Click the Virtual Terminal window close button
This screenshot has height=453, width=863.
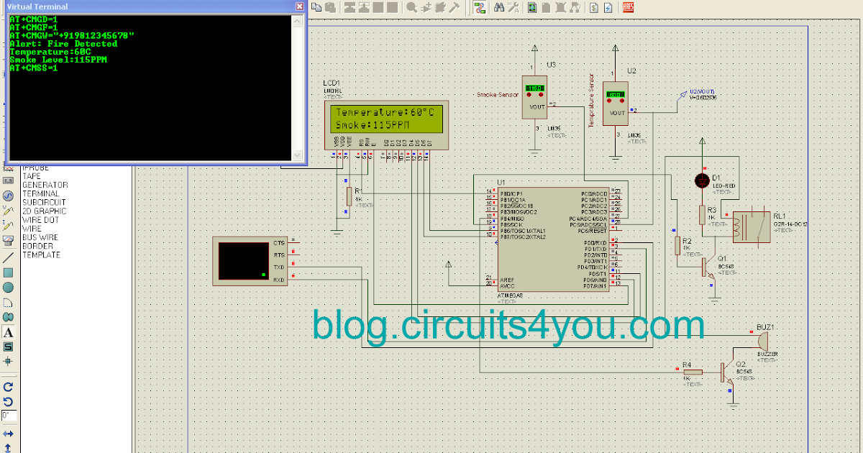(x=299, y=6)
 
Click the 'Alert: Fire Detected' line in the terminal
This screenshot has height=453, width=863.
(x=63, y=44)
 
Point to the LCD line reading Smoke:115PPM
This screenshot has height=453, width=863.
(x=373, y=126)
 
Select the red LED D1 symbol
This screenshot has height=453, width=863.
(x=702, y=180)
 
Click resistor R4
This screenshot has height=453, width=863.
(x=692, y=372)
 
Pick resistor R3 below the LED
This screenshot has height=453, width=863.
(x=702, y=214)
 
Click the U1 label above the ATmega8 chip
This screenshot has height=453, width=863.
(x=501, y=183)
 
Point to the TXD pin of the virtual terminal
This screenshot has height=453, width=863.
(x=279, y=267)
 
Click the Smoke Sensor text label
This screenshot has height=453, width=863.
(x=498, y=95)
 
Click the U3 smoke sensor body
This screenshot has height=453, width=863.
(x=534, y=97)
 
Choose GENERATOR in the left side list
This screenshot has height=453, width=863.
(x=45, y=185)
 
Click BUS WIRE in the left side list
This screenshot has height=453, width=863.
(x=40, y=237)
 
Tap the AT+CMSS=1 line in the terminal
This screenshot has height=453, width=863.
(x=34, y=68)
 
